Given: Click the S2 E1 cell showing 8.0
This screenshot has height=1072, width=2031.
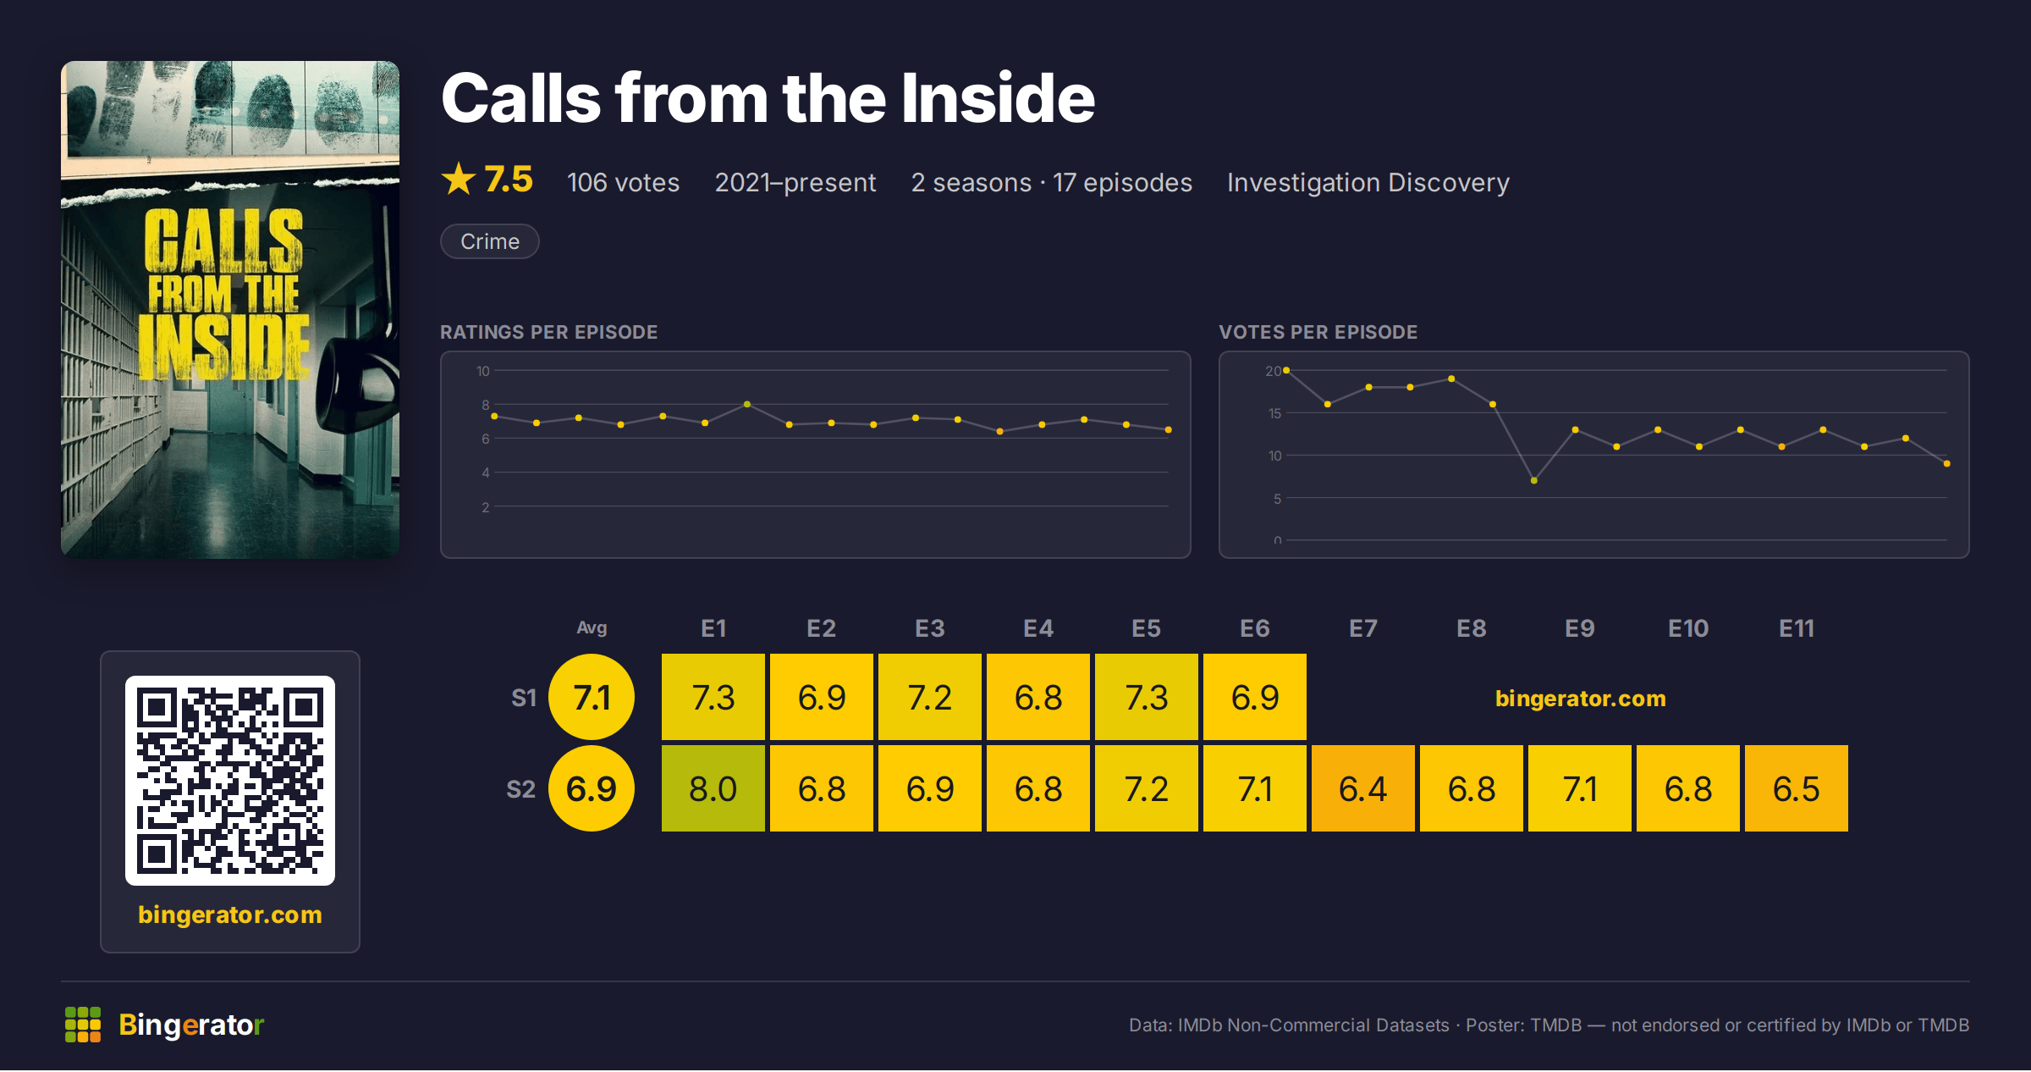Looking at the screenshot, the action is (x=713, y=788).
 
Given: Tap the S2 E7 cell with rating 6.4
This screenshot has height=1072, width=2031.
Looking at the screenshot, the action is (x=1362, y=788).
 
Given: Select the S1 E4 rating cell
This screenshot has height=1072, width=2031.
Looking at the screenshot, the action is (x=1038, y=697).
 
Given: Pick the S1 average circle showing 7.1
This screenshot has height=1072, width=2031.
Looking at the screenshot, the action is (x=592, y=697).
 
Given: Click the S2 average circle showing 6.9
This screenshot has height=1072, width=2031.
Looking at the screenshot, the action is (x=592, y=788).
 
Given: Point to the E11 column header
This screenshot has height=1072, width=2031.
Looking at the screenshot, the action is (x=1796, y=628).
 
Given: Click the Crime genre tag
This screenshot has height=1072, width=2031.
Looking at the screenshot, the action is (x=490, y=241).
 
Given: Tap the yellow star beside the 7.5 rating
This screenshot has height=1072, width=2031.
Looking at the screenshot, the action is (x=459, y=179).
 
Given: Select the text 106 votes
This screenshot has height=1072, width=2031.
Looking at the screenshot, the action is (x=623, y=182).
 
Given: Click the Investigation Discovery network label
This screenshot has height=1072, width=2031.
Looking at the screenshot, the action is (x=1368, y=182).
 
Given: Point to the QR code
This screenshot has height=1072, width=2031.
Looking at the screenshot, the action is (x=230, y=781).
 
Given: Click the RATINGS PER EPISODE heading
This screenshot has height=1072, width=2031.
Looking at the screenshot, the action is (x=548, y=332).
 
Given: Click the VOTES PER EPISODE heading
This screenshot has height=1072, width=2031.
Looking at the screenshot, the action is (x=1318, y=332).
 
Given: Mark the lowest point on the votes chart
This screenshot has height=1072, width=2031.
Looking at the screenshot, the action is (x=1533, y=480).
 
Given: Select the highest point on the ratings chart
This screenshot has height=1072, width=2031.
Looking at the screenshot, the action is (x=746, y=404).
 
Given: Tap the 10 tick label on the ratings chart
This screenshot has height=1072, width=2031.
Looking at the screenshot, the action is (x=482, y=371).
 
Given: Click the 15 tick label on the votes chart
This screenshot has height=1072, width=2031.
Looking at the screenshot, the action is (x=1274, y=413).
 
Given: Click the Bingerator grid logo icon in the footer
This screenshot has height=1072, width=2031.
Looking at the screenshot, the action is (x=83, y=1025).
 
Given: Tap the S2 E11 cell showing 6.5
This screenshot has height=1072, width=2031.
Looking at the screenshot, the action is (x=1796, y=788).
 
